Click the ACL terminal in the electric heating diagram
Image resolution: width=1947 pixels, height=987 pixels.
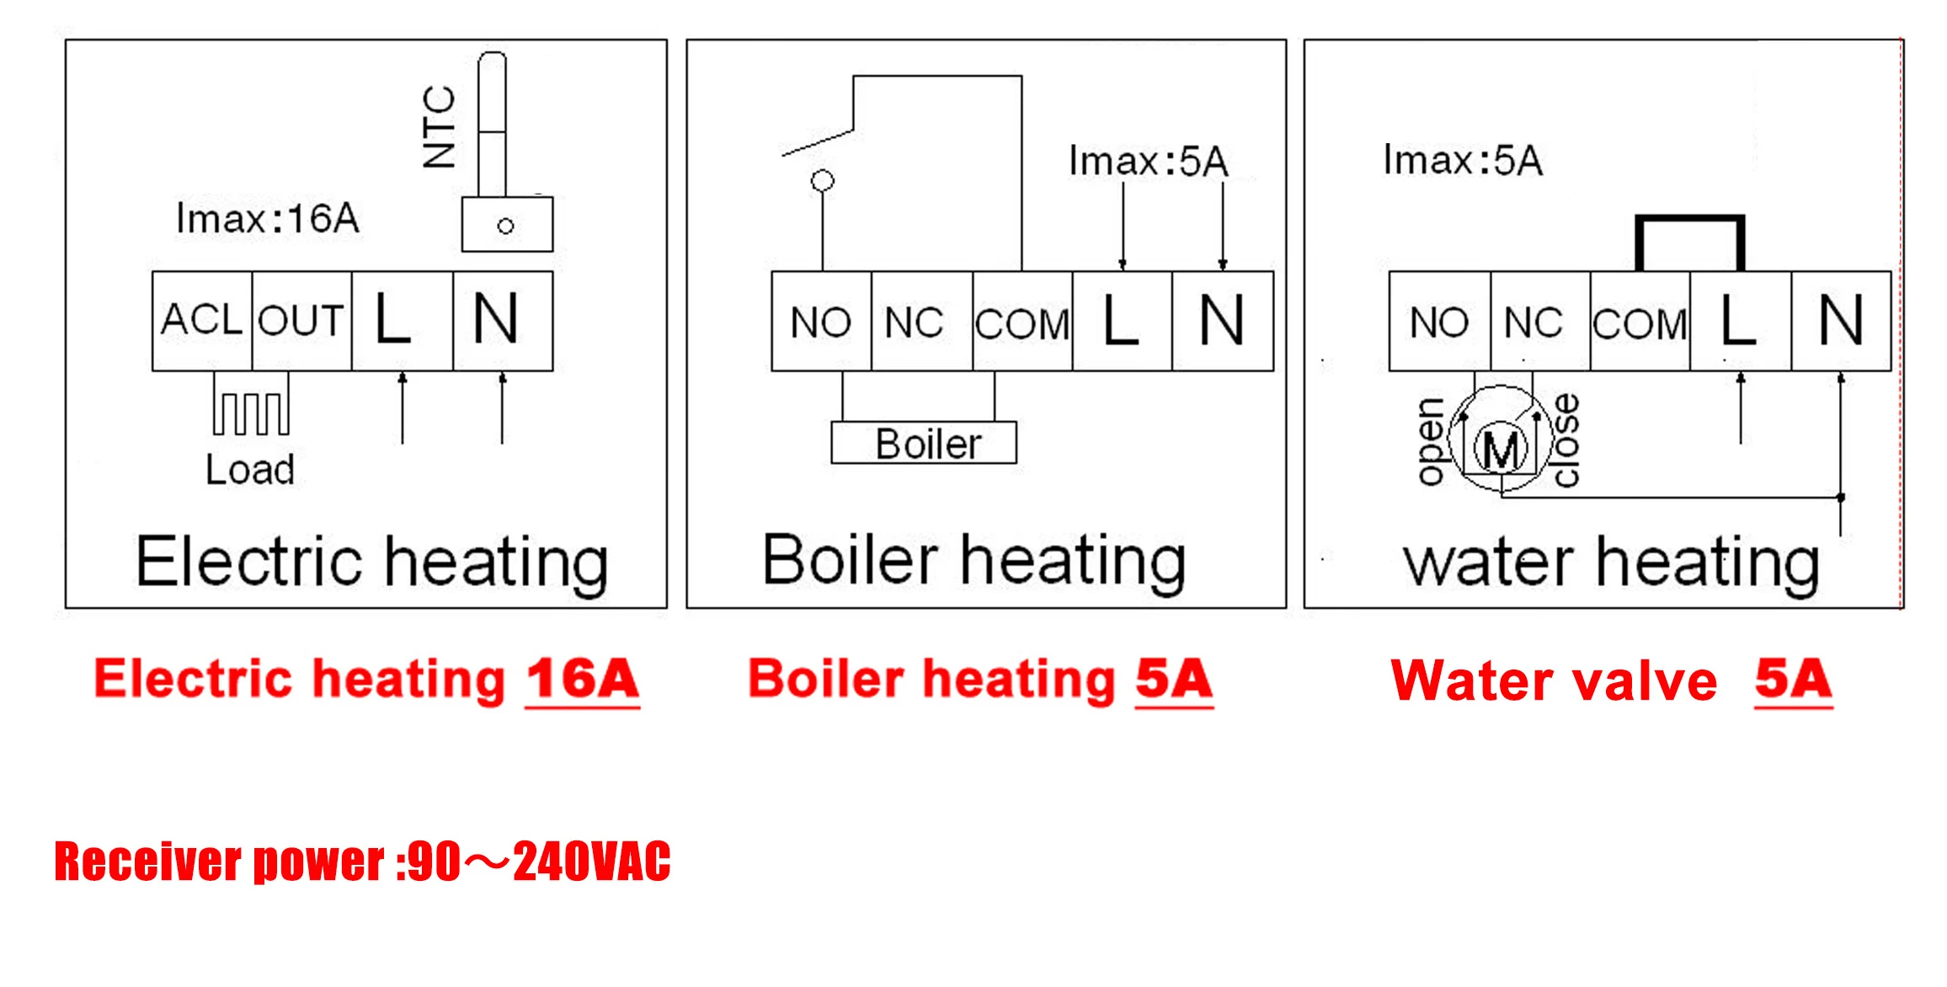202,321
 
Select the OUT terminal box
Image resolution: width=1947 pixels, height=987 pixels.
301,321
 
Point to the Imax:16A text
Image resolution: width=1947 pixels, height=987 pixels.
268,219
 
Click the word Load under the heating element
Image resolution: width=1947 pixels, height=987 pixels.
250,470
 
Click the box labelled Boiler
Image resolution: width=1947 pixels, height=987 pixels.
924,443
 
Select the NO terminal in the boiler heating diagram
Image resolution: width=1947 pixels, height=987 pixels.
821,322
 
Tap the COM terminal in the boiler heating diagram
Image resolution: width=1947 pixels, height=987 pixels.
1022,323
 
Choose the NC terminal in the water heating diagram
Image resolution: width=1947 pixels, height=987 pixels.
1534,322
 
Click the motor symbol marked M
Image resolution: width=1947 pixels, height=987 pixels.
1501,451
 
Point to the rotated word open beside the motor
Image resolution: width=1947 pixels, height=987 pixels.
1430,442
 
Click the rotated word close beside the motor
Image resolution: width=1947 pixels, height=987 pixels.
1566,440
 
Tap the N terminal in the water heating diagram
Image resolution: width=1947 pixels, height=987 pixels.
1841,321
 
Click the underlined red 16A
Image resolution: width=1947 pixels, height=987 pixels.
583,680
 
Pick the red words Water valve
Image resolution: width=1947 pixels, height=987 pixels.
1555,680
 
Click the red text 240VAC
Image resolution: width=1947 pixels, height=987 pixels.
592,862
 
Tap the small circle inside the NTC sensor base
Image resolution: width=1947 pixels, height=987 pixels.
505,226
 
